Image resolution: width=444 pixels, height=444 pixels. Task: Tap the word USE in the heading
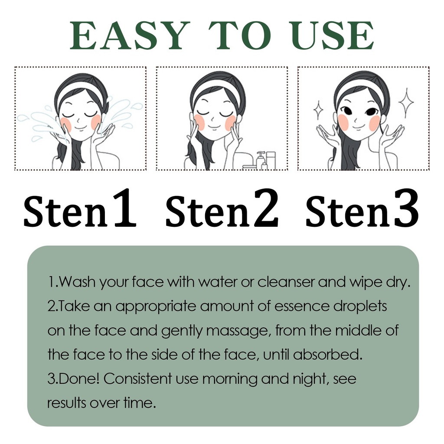click(333, 36)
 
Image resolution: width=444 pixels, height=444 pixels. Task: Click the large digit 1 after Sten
click(124, 208)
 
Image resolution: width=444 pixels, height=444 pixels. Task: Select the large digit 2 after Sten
click(265, 208)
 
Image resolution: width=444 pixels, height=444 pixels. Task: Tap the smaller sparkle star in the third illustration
click(318, 110)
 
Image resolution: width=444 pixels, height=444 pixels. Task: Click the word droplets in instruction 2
click(359, 307)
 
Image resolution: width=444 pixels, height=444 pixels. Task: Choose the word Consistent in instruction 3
click(138, 379)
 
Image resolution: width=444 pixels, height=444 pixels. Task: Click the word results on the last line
click(66, 403)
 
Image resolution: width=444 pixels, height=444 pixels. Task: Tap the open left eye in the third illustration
click(347, 110)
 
